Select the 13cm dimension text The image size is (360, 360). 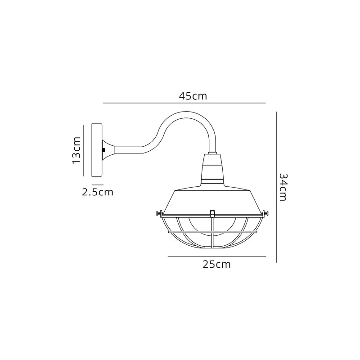[76, 150]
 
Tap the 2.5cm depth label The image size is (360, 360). [97, 193]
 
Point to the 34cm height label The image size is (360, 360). [282, 187]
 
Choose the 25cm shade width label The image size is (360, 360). [216, 264]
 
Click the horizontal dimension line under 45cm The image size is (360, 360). [184, 103]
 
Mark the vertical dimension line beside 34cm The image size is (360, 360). [276, 187]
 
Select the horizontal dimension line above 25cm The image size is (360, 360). [216, 256]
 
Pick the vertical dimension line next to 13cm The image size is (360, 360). [84, 150]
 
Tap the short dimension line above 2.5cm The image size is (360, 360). [98, 184]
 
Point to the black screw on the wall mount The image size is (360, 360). [104, 150]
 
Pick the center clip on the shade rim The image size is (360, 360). [212, 212]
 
